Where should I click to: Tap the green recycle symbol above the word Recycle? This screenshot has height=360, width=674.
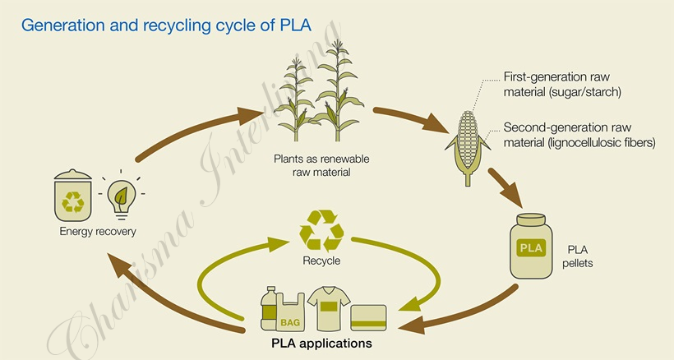[321, 229]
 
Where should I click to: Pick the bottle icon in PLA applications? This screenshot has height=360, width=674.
[268, 310]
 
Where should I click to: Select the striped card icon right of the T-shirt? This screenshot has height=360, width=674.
[368, 316]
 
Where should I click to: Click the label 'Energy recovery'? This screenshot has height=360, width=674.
[98, 232]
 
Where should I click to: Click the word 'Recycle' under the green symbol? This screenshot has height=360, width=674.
[321, 261]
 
